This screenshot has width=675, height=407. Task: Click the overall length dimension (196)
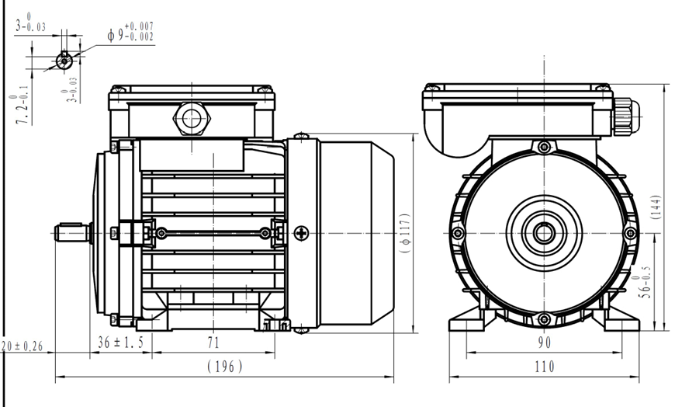point(226,367)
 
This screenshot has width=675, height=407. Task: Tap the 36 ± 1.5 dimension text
point(120,343)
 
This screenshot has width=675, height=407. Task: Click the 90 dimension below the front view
point(545,343)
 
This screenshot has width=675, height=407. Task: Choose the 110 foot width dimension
point(545,367)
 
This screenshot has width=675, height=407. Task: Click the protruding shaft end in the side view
point(72,232)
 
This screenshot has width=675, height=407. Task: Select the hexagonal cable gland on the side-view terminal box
point(190,119)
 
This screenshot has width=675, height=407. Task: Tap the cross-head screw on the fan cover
point(301,232)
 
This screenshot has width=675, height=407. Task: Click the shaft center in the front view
point(544,232)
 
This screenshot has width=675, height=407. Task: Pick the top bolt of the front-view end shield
point(544,146)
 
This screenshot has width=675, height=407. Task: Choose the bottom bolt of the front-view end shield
point(544,318)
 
